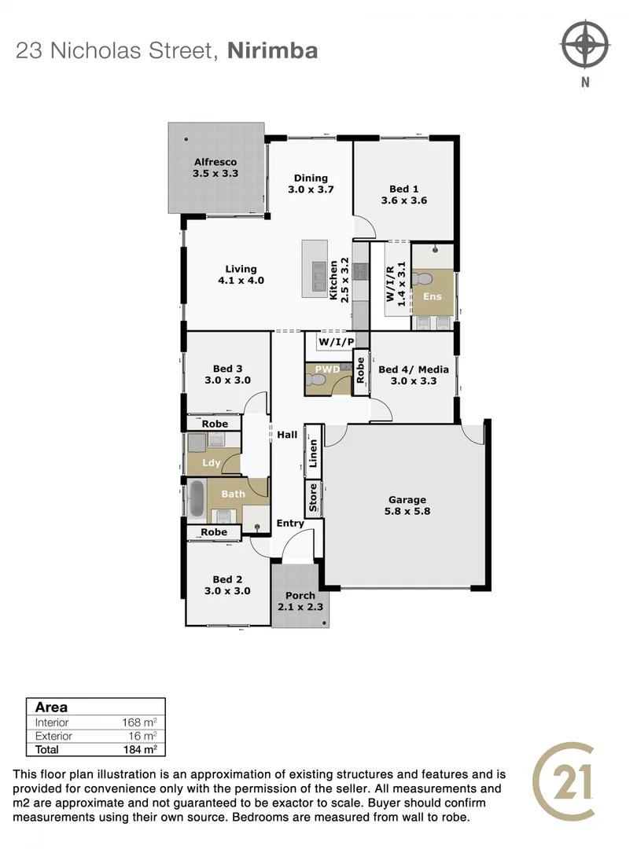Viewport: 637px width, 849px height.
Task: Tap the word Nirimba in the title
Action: point(272,51)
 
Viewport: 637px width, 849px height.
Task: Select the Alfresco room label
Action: point(215,168)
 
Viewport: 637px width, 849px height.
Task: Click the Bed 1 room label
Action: point(403,194)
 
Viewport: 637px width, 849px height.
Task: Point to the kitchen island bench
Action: point(315,267)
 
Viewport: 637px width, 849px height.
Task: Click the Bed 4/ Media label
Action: point(413,375)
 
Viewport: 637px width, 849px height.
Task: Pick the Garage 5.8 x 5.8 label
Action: point(407,505)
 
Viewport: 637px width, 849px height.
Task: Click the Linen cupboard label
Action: point(313,453)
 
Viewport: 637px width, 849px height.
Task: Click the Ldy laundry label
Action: point(212,463)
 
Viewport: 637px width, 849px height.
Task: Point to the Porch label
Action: point(300,601)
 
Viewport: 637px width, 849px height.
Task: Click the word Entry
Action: point(290,524)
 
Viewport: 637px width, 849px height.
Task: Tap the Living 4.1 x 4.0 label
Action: point(241,274)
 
